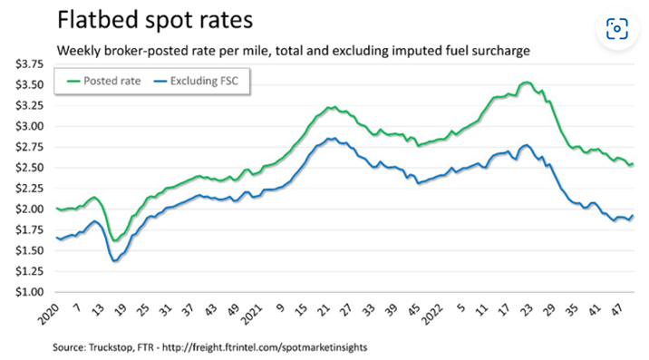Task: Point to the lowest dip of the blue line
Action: pos(114,261)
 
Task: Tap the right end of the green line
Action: pos(633,164)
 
